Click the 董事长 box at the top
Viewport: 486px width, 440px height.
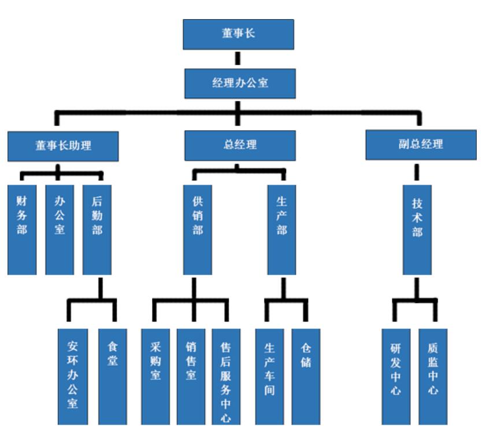[x=238, y=34]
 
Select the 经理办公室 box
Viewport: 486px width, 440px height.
[x=240, y=83]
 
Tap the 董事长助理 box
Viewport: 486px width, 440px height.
[x=63, y=146]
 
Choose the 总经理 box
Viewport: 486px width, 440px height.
[x=240, y=145]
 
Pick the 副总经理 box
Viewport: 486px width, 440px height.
[x=421, y=145]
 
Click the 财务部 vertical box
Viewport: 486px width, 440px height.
[x=22, y=230]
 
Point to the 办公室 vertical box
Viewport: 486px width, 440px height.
[x=60, y=230]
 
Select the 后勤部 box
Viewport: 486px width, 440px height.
[x=97, y=230]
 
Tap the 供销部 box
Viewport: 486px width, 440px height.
[x=198, y=230]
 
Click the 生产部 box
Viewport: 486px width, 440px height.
[x=281, y=230]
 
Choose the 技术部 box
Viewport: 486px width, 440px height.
[x=417, y=230]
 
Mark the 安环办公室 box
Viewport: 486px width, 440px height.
[x=73, y=376]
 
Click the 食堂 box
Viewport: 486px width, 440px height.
[x=113, y=376]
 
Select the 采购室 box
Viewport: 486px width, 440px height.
[x=155, y=376]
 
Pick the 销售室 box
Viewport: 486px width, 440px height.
[x=191, y=376]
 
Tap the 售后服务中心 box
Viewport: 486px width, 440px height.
[x=227, y=376]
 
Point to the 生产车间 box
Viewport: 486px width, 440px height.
[x=269, y=376]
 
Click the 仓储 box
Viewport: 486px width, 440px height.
[x=306, y=376]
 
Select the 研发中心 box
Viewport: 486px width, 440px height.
[x=396, y=376]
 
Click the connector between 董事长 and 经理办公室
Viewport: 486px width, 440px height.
[x=238, y=59]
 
